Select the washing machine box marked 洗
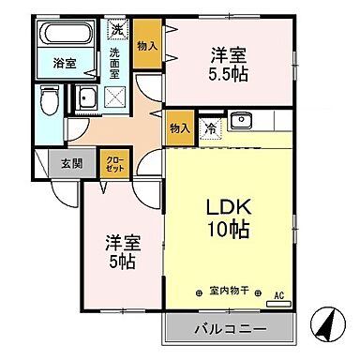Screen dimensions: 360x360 tap(117, 29)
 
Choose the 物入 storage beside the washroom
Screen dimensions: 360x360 tap(145, 44)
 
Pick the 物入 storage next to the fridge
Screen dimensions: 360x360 tap(179, 128)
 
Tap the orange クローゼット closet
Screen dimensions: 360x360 tap(113, 163)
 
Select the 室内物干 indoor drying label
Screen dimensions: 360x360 tap(228, 291)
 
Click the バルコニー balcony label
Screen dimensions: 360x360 tap(230, 329)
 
